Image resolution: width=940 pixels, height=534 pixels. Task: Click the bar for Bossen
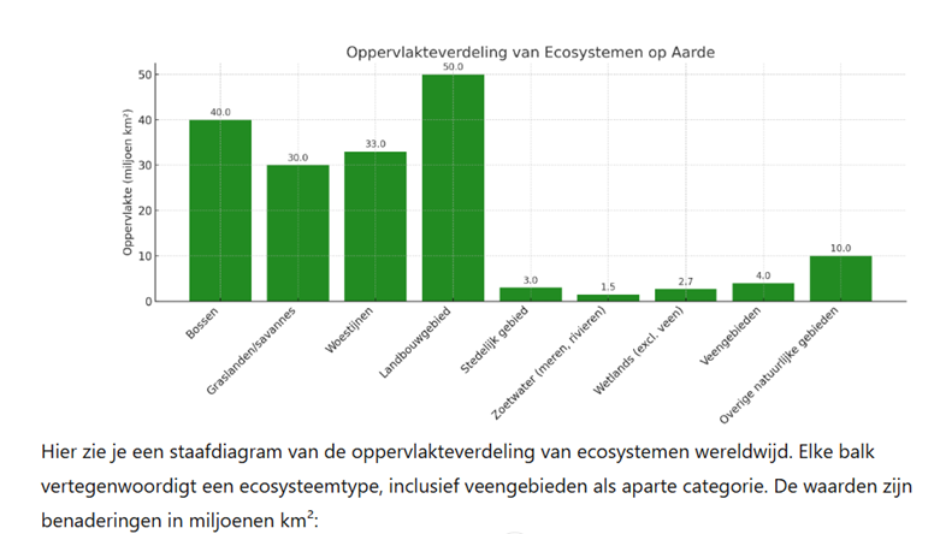tap(220, 210)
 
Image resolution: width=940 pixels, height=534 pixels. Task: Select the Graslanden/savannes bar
tap(297, 232)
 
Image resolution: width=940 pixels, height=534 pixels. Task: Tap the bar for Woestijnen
tap(375, 226)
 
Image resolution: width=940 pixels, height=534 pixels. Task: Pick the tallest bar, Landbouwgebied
tap(452, 187)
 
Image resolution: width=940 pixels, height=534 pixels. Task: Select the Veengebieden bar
tap(763, 292)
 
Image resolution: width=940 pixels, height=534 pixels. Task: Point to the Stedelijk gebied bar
tap(530, 294)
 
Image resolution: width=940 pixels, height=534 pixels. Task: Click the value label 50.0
tap(453, 66)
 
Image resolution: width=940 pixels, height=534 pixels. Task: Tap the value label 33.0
tap(375, 144)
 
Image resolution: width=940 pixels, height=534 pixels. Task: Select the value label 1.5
tap(608, 287)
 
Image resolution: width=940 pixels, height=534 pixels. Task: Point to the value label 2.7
tap(686, 282)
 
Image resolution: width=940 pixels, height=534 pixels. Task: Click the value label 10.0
tap(840, 248)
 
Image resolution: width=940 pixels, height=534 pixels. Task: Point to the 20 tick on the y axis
tap(145, 211)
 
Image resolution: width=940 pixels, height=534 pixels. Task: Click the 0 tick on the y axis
tap(148, 301)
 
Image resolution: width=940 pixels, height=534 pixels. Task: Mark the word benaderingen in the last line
tap(104, 521)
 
